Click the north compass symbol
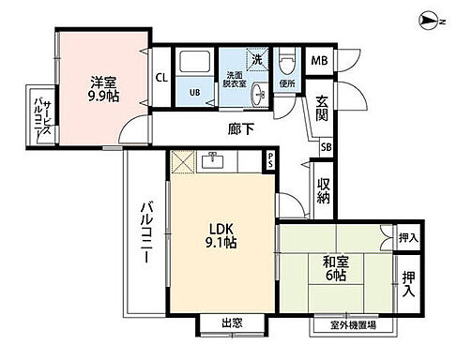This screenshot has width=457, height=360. pyautogui.click(x=430, y=18)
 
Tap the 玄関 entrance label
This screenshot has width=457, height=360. pyautogui.click(x=322, y=109)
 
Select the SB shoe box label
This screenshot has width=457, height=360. pyautogui.click(x=325, y=146)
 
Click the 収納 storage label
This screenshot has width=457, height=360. pyautogui.click(x=322, y=191)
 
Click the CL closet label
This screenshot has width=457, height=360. pyautogui.click(x=160, y=79)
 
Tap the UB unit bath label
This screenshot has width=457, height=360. pyautogui.click(x=195, y=92)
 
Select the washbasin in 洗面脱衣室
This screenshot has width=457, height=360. pyautogui.click(x=257, y=91)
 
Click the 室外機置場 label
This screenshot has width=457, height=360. pyautogui.click(x=355, y=324)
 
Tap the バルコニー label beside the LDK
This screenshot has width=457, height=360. pyautogui.click(x=147, y=234)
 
